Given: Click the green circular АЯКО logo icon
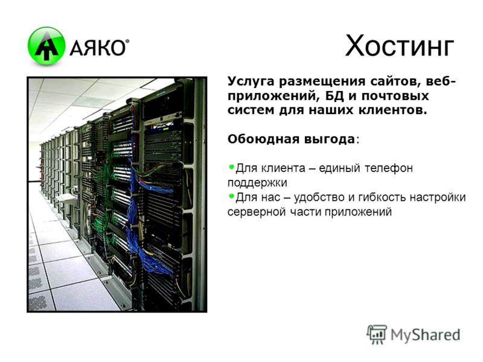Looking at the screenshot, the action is (x=46, y=46).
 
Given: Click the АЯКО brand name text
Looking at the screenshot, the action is (x=97, y=48).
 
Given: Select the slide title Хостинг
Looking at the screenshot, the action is (x=400, y=46).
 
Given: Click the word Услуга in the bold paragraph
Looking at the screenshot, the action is (x=251, y=82).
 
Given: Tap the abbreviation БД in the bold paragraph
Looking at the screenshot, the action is (x=334, y=96).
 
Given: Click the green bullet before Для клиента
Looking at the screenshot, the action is (x=232, y=167).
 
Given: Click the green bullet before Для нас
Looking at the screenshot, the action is (x=232, y=195).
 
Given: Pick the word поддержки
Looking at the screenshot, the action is (x=257, y=183).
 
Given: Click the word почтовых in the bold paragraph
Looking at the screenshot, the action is (x=395, y=97).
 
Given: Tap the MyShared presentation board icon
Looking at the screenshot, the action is (x=376, y=334).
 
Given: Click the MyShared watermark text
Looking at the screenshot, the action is (x=426, y=335).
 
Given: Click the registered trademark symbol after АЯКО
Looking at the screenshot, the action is (x=127, y=41).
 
